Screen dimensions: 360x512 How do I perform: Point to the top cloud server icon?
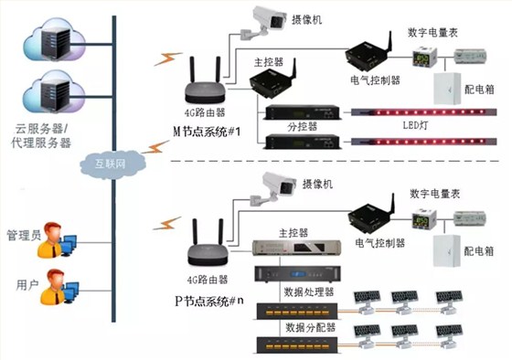pos(52,37)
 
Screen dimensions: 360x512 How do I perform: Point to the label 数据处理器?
pos(310,291)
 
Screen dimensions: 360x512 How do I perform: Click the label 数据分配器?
pos(310,325)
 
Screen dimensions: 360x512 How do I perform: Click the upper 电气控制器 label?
pos(376,80)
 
